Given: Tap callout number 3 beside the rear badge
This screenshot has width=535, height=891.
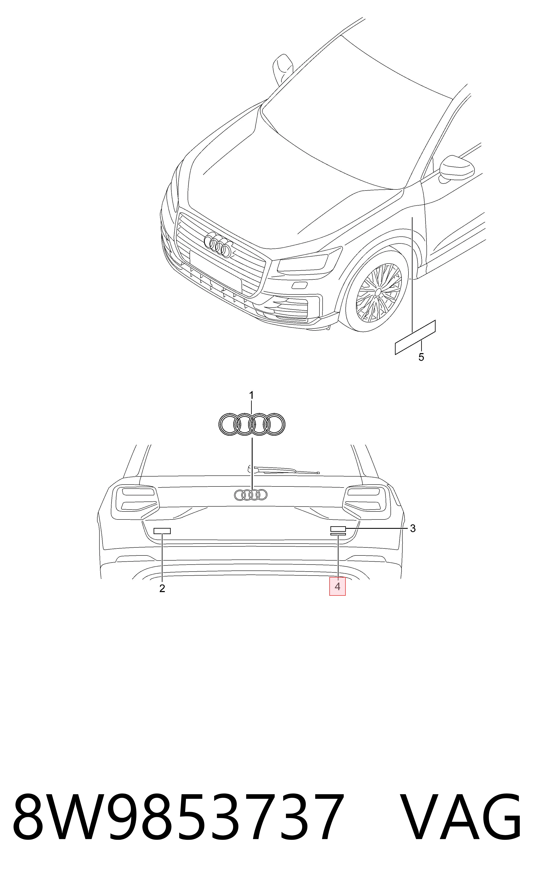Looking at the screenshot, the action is click(413, 528).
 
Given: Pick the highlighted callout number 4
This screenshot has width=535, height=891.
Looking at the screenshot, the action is click(337, 587).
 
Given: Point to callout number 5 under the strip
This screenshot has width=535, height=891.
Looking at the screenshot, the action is click(421, 357).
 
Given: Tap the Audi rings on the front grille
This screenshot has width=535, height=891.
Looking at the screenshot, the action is click(218, 245).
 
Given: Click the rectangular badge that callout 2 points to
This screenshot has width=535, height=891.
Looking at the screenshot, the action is click(162, 531).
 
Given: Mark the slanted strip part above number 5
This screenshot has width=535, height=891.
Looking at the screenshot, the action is click(415, 337).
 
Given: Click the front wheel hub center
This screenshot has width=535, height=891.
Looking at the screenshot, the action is click(378, 291).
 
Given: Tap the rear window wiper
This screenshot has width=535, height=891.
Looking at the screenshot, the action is click(283, 470).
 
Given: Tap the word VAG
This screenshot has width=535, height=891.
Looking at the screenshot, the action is click(461, 820).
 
